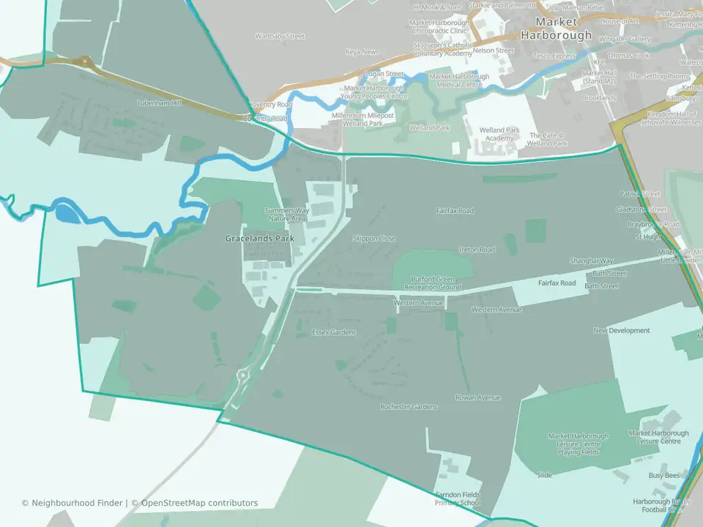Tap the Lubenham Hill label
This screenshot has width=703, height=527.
[159, 103]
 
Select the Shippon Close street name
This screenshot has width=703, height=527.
[374, 239]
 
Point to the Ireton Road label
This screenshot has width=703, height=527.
[477, 250]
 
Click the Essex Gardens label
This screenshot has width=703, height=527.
[334, 332]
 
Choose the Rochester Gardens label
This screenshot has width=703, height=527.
[409, 407]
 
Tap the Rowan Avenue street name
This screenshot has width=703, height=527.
[477, 397]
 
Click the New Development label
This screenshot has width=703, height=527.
[622, 331]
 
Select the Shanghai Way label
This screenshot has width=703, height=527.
[592, 261]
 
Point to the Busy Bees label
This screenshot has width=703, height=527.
[664, 475]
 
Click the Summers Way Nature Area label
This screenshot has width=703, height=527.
[286, 214]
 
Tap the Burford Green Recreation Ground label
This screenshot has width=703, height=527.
[436, 283]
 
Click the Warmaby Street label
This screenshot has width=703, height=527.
[280, 36]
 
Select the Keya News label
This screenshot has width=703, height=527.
[362, 52]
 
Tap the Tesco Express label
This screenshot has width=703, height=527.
[555, 56]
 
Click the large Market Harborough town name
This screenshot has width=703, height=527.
[557, 29]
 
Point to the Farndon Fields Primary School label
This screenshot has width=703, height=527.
[458, 499]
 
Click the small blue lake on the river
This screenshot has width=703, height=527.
[64, 213]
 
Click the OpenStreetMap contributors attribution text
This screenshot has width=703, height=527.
[199, 503]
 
